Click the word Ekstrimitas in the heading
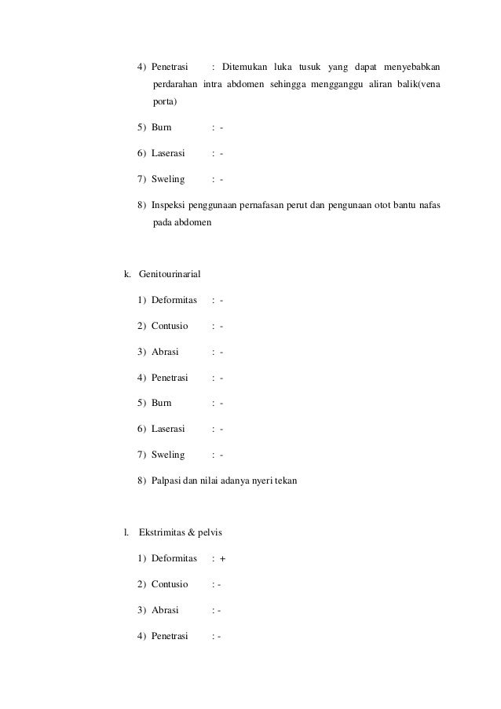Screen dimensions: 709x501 click(163, 533)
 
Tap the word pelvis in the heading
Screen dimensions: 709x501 click(209, 533)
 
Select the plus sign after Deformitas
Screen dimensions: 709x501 click(222, 559)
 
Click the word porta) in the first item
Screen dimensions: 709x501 click(164, 102)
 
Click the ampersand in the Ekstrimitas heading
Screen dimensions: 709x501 click(191, 533)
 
